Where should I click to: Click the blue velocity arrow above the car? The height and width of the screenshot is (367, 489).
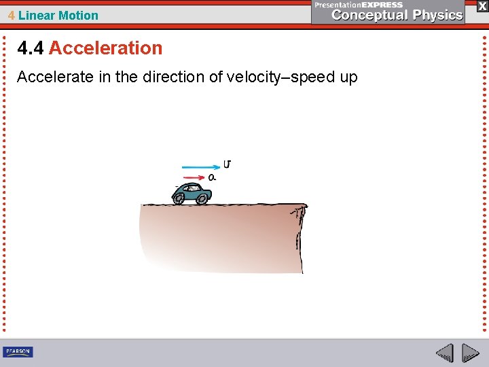(200, 166)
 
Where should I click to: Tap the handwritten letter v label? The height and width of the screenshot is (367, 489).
(227, 164)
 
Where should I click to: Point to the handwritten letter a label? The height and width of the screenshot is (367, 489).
(212, 177)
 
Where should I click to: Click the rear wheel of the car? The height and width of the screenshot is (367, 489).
(179, 198)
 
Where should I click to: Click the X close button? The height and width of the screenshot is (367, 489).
(482, 5)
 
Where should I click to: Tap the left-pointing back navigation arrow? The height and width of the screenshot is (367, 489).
(444, 353)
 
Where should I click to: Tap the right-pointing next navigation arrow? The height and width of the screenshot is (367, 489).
(471, 353)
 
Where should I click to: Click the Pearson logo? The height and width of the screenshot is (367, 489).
(18, 351)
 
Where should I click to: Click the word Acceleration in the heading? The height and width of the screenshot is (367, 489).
(105, 48)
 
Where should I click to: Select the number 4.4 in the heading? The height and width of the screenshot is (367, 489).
(31, 48)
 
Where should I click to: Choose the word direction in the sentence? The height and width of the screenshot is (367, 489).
(173, 77)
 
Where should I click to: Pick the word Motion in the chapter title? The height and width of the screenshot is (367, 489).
(78, 15)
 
